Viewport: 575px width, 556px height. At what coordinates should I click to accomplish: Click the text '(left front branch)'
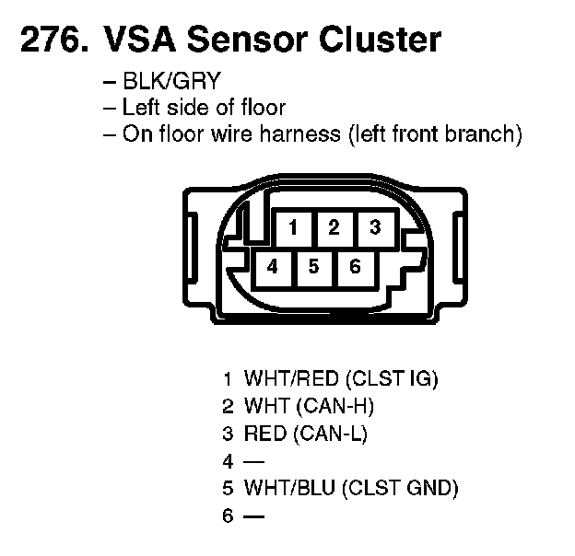(x=435, y=134)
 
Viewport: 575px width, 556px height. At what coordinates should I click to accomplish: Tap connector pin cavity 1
(x=292, y=227)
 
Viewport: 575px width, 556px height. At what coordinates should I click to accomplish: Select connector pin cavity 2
(x=334, y=227)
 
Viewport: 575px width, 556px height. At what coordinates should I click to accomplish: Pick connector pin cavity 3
(x=374, y=227)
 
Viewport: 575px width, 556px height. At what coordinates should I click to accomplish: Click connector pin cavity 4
(x=272, y=267)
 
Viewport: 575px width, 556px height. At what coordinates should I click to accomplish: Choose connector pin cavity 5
(x=313, y=267)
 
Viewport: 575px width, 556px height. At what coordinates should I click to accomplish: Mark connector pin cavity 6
(x=355, y=267)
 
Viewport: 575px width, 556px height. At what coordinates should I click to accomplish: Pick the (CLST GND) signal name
(x=400, y=489)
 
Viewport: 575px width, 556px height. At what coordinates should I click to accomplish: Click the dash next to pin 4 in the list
(x=252, y=461)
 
